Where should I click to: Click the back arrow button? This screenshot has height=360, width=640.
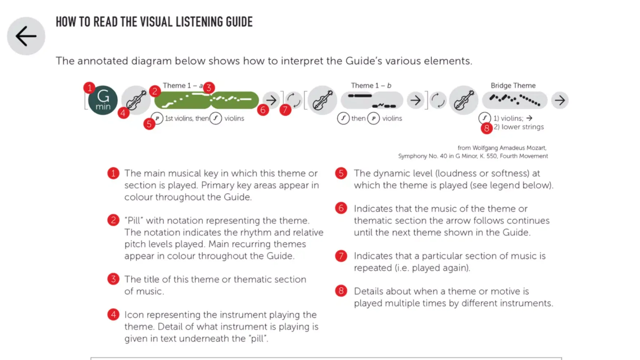26,36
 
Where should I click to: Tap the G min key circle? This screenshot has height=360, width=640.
103,100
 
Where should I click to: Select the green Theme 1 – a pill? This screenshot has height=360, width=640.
206,100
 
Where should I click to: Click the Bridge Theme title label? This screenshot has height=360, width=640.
513,86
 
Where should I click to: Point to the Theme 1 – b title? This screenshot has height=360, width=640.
371,86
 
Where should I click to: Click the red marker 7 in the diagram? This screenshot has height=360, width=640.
285,109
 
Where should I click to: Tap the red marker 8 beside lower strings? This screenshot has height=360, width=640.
486,128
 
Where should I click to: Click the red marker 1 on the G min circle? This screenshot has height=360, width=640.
89,87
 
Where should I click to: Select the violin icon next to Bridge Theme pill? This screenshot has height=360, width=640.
464,100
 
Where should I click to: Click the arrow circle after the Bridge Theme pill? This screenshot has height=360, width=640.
560,100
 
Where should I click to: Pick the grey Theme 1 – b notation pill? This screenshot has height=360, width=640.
371,100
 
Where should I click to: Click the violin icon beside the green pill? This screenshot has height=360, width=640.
136,100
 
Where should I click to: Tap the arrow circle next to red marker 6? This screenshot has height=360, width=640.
271,100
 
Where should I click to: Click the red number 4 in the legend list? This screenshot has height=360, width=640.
113,315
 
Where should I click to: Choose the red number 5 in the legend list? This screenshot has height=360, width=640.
341,173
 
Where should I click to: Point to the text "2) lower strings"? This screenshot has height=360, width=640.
518,127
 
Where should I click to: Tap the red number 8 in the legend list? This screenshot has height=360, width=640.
341,291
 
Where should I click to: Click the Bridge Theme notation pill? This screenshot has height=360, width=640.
514,100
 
